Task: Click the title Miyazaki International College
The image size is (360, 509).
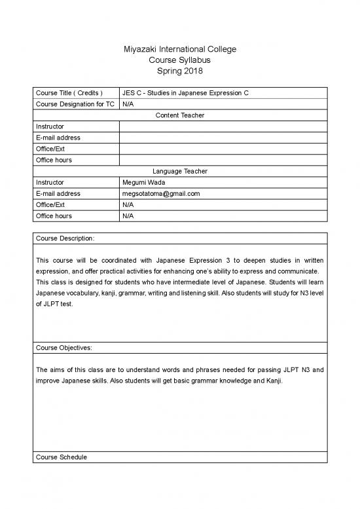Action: pyautogui.click(x=179, y=49)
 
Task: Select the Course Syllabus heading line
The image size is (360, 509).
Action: pyautogui.click(x=179, y=60)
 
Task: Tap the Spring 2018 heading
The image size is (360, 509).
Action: pyautogui.click(x=179, y=71)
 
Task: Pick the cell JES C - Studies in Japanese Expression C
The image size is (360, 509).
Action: pyautogui.click(x=185, y=93)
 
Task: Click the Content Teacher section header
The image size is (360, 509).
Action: pyautogui.click(x=179, y=115)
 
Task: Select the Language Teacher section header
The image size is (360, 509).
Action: pyautogui.click(x=179, y=171)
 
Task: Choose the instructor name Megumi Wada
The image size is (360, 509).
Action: pyautogui.click(x=143, y=182)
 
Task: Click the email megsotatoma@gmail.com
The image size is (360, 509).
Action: pyautogui.click(x=160, y=193)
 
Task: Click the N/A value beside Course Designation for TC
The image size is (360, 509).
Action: pyautogui.click(x=128, y=104)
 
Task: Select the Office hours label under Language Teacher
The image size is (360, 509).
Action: pyautogui.click(x=54, y=216)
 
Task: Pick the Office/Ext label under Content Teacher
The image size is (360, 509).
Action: pyautogui.click(x=50, y=149)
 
